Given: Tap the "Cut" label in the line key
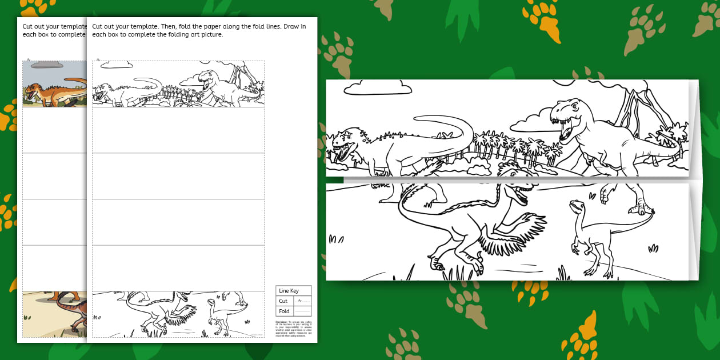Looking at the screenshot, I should coord(283,301).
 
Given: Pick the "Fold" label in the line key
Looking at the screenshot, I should coord(284,311).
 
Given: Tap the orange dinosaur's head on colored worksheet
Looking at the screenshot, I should coord(32,90).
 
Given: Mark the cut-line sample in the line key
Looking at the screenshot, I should coord(302,301).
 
